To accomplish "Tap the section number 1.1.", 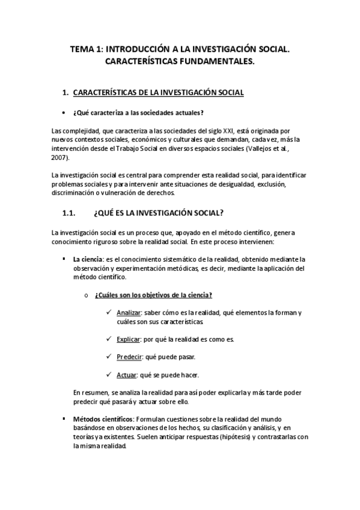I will click(72, 212).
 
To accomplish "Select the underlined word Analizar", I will click(129, 313).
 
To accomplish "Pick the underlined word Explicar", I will click(128, 339).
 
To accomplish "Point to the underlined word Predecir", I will click(129, 357).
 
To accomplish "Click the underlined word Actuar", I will click(127, 375).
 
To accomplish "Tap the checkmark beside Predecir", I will click(108, 357).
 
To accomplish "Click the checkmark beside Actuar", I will click(108, 375).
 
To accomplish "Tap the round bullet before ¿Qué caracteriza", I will click(64, 112).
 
